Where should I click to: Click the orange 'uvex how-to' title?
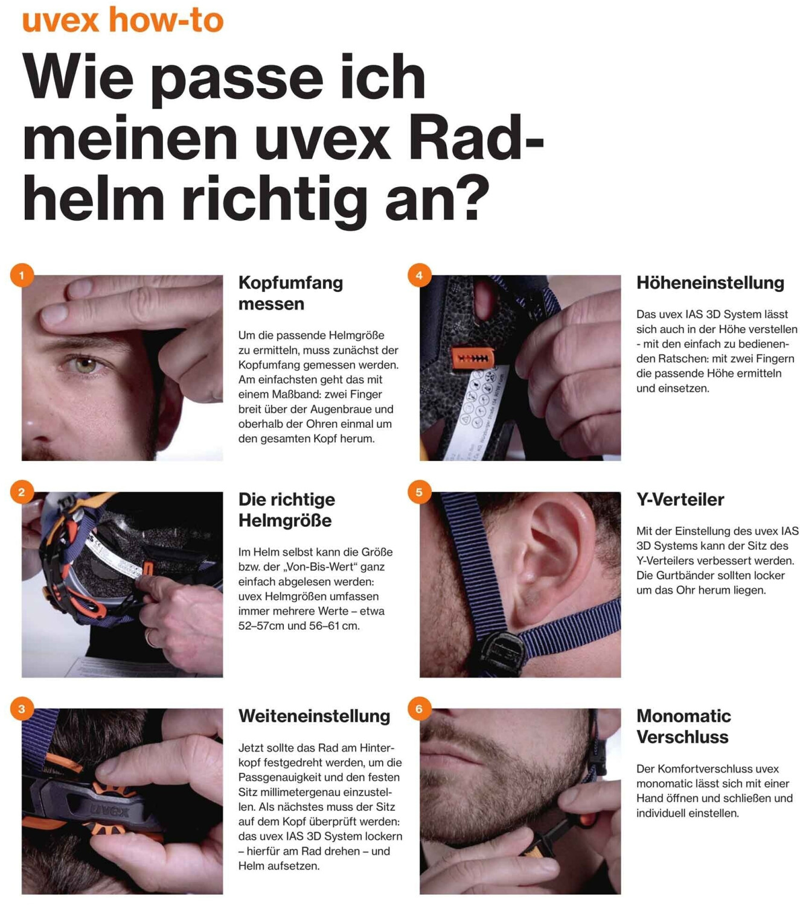tap(123, 20)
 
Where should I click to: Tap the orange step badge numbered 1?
tap(22, 275)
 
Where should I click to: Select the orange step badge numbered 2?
tap(22, 492)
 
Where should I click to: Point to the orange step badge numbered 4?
tap(419, 275)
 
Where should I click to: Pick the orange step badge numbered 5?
tap(419, 492)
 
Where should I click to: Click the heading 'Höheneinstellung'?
tap(710, 283)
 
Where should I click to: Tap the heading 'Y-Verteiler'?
tap(680, 500)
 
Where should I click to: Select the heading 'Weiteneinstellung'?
tap(315, 716)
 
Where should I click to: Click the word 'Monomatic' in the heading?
tap(683, 716)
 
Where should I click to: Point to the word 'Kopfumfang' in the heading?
tap(290, 283)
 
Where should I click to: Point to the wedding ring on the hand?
tap(150, 638)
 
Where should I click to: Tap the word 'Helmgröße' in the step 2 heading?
tap(285, 521)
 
